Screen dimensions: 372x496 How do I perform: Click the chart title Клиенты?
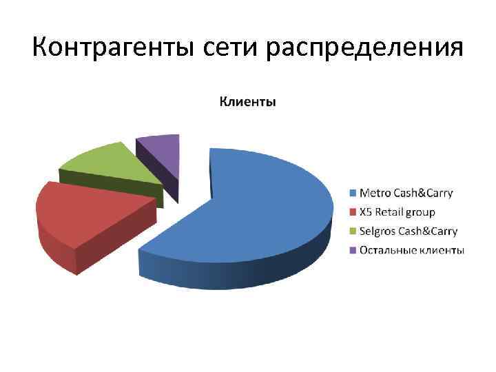[x=247, y=103]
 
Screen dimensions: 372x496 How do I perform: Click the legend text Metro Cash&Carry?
[x=406, y=194]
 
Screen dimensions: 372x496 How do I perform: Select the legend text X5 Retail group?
[x=397, y=212]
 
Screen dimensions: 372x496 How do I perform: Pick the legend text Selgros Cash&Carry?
[x=409, y=231]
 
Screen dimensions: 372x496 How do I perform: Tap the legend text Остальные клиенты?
[x=412, y=249]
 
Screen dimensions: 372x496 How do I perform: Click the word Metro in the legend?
[x=375, y=194]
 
